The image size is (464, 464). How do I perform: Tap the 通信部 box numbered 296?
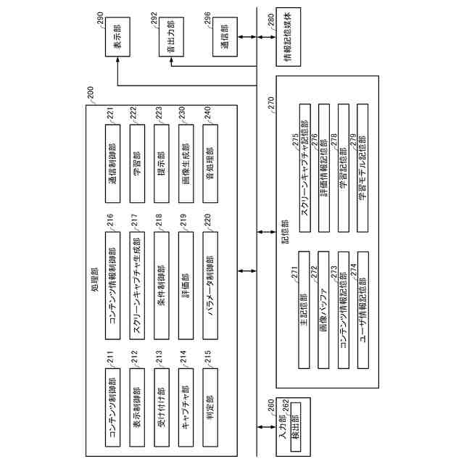click(x=216, y=45)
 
